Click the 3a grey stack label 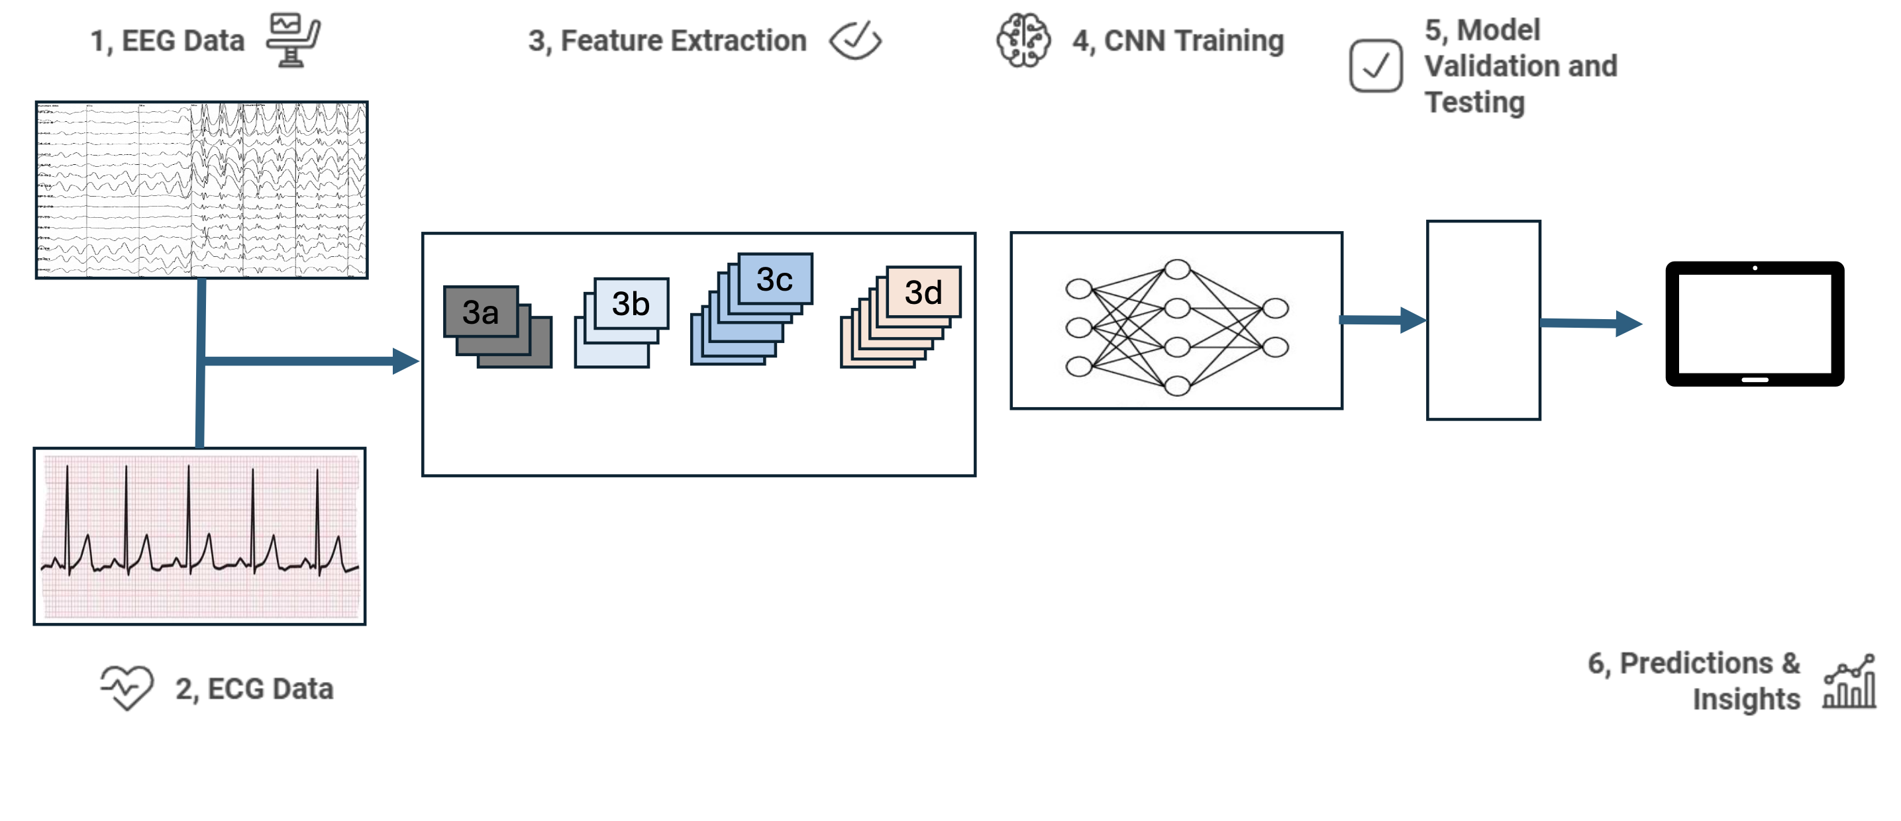pyautogui.click(x=480, y=312)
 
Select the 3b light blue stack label pyautogui.click(x=630, y=303)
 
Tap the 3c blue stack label pyautogui.click(x=774, y=279)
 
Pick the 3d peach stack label pyautogui.click(x=923, y=292)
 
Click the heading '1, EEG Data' pyautogui.click(x=167, y=40)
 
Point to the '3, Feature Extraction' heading pyautogui.click(x=667, y=40)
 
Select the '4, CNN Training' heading pyautogui.click(x=1178, y=40)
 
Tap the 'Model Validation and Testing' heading pyautogui.click(x=1520, y=66)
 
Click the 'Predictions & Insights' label pyautogui.click(x=1694, y=681)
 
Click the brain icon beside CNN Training pyautogui.click(x=1023, y=40)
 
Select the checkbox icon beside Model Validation pyautogui.click(x=1376, y=66)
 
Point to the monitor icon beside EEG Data pyautogui.click(x=293, y=40)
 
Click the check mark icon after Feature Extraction pyautogui.click(x=855, y=40)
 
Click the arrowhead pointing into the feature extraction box pyautogui.click(x=405, y=361)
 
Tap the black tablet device pyautogui.click(x=1754, y=324)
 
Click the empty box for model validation pyautogui.click(x=1482, y=320)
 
